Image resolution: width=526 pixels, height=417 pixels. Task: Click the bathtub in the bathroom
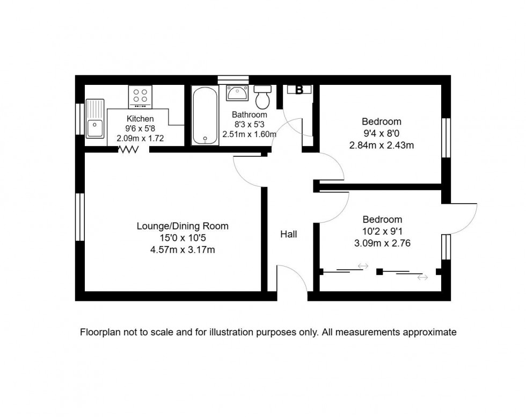coord(205,116)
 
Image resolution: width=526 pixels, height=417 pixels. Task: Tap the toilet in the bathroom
coord(263,97)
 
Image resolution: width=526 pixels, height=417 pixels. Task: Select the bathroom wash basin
coord(237,93)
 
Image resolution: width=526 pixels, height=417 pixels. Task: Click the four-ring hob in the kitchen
coord(140,97)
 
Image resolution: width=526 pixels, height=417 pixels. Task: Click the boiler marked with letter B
coord(299,90)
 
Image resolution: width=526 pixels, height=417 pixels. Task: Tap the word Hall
coord(288,234)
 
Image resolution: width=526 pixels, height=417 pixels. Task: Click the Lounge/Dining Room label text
coord(182,226)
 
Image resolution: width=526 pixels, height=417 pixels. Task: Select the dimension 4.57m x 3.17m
coord(182,249)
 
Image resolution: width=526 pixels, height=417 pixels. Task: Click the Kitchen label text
coord(140,119)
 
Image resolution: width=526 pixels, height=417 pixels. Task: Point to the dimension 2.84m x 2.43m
coord(381,145)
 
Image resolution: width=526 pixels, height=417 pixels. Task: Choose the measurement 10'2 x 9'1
coord(382,231)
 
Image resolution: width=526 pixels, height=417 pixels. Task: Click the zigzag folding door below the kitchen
coord(128,150)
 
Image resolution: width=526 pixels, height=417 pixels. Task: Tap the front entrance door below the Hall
coord(293,279)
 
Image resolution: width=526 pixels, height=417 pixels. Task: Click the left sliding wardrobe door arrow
coord(363,266)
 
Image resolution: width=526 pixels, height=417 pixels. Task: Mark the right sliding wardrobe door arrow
coord(422,277)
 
